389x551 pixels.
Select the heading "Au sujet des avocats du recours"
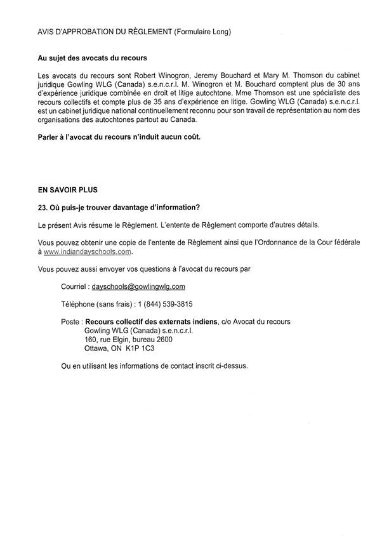[92, 58]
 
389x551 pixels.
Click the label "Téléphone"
[79, 304]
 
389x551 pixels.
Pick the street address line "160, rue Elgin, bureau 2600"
[128, 340]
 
